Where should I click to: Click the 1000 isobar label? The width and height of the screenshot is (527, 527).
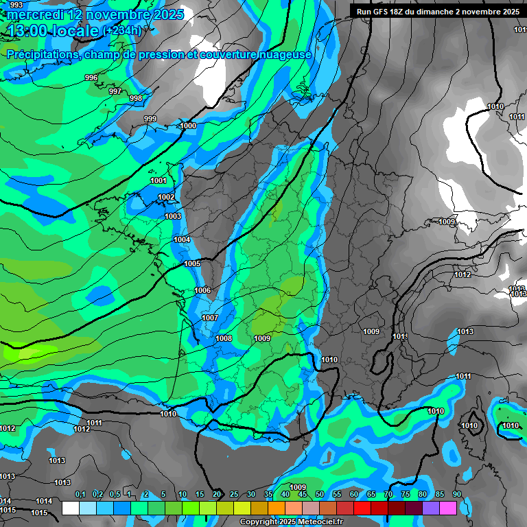(x=188, y=126)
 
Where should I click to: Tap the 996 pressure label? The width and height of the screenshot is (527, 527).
(x=91, y=78)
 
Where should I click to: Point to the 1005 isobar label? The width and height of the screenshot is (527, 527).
(x=192, y=263)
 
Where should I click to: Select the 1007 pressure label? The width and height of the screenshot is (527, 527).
(x=210, y=318)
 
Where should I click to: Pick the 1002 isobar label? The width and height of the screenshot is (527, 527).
(x=166, y=197)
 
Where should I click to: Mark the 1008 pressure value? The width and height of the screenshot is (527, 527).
(x=224, y=338)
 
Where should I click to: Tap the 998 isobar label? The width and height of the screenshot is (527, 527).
(x=136, y=98)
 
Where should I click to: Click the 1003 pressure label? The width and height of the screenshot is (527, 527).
(x=173, y=216)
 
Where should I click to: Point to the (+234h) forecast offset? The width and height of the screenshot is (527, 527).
(x=121, y=31)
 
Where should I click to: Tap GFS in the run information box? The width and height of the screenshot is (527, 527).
(x=382, y=12)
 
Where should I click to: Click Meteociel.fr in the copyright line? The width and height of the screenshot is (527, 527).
(x=321, y=522)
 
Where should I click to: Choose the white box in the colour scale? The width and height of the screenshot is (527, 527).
(x=70, y=508)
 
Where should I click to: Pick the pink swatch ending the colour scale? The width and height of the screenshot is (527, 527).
(x=448, y=508)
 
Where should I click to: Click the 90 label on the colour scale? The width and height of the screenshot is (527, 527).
(x=457, y=494)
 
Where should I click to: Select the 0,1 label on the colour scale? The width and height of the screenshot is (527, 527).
(x=80, y=494)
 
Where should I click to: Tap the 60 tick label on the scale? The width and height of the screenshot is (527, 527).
(x=354, y=494)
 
